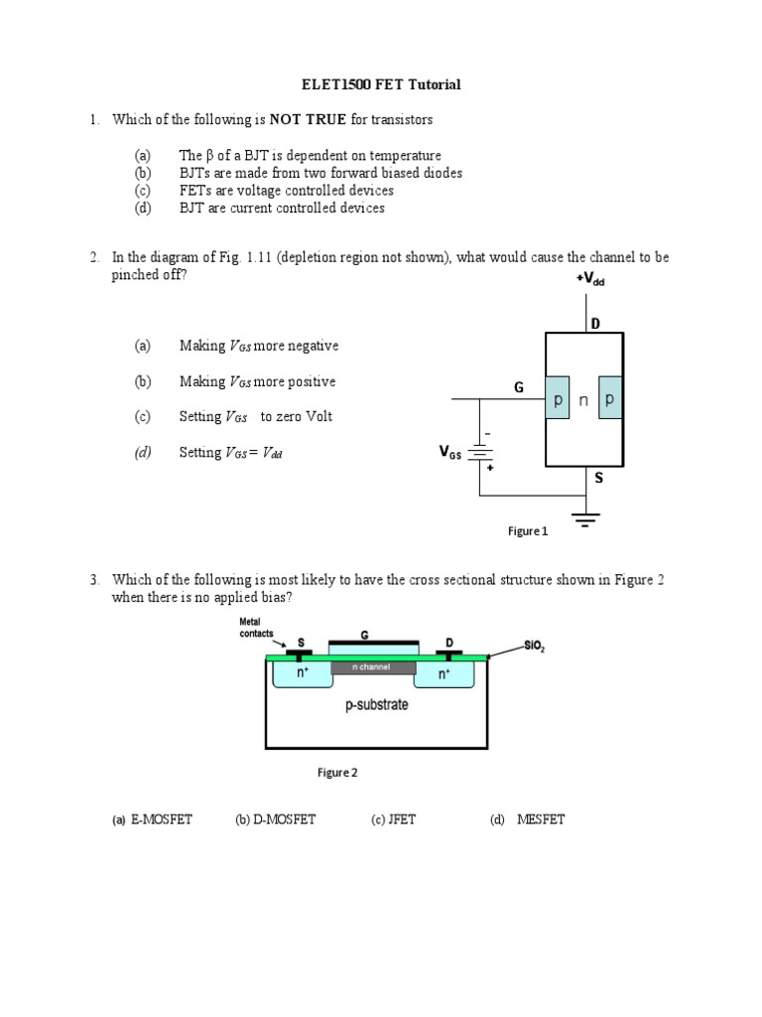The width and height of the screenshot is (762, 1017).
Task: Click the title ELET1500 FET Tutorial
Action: click(381, 84)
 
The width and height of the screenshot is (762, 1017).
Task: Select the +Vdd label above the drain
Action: click(589, 281)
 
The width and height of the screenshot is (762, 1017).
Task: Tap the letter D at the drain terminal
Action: click(595, 324)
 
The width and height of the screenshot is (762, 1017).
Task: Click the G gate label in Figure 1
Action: click(518, 387)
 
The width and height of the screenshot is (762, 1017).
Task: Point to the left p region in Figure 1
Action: click(558, 398)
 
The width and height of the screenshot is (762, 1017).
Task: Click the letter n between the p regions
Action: click(584, 399)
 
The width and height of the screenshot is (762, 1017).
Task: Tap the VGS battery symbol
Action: click(481, 453)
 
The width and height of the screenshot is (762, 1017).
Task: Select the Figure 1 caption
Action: click(528, 531)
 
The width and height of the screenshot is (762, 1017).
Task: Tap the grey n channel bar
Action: click(373, 667)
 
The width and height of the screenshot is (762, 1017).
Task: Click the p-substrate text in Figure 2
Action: click(376, 706)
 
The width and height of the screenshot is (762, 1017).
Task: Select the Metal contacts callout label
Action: click(256, 628)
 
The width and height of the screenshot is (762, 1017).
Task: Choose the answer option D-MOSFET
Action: click(275, 819)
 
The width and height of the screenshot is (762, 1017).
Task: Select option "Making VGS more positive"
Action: click(257, 381)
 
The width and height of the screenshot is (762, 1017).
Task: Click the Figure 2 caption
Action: click(337, 773)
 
